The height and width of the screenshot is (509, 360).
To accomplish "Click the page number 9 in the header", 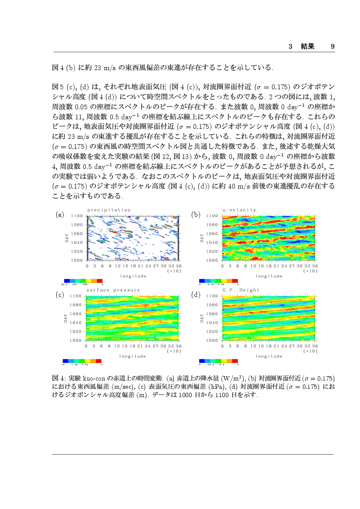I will pos(333,46).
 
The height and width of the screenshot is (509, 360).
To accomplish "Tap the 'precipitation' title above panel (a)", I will pos(109,210).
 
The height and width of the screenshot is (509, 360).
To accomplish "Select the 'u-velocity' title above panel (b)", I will pos(239,210).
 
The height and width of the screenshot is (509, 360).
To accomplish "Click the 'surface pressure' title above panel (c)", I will pos(113,290).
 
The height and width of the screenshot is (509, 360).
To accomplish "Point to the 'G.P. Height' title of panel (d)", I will pos(241,290).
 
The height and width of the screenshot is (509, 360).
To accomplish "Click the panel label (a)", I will pos(60,215).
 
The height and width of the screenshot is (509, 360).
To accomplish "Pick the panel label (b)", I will pos(196,215).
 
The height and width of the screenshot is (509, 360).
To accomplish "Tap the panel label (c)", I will pos(60,295).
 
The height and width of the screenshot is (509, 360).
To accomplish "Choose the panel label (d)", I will pos(196,295).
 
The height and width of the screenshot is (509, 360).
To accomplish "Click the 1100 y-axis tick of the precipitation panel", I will pos(77,216).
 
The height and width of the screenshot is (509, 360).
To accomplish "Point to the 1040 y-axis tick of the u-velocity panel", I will pos(212,243).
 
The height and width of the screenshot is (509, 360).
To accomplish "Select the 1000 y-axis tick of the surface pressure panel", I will pos(77,340).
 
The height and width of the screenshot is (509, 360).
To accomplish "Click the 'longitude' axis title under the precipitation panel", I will pos(133,276).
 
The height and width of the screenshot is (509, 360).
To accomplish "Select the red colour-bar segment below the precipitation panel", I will pos(99,281).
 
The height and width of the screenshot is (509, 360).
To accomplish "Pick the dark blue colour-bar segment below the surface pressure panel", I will pos(65,361).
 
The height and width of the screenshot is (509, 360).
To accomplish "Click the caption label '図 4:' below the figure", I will pos(59,376).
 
